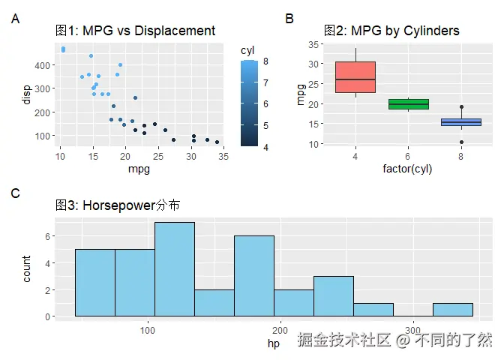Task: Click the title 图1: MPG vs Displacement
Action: [x=136, y=31]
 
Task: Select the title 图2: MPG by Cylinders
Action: [x=391, y=31]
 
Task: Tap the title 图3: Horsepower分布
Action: [x=117, y=205]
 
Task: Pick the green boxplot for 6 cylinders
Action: [x=408, y=104]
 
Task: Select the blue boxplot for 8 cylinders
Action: [x=460, y=121]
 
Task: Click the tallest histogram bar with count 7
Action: [x=175, y=269]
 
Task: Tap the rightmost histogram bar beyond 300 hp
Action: [x=453, y=310]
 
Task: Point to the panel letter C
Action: [x=16, y=193]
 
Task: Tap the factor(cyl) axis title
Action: [x=407, y=169]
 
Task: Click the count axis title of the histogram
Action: [x=27, y=269]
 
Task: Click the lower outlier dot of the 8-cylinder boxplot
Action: [x=460, y=142]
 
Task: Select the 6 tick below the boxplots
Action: [x=408, y=156]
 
